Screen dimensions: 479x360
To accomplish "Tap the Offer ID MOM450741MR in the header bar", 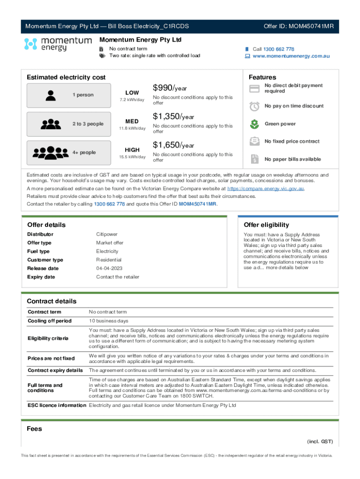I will pyautogui.click(x=298, y=26).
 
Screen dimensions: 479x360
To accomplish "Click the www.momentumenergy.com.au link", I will pyautogui.click(x=291, y=56).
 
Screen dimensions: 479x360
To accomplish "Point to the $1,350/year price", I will pyautogui.click(x=173, y=116).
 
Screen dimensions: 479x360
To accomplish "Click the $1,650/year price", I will pyautogui.click(x=173, y=145).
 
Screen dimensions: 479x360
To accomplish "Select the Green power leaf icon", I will pyautogui.click(x=254, y=124).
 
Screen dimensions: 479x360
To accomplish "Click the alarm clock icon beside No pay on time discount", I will pyautogui.click(x=254, y=106).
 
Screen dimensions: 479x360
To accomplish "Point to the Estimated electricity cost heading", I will pyautogui.click(x=66, y=77).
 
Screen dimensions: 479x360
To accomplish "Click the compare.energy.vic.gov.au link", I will pyautogui.click(x=266, y=189).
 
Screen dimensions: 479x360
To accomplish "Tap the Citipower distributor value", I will pyautogui.click(x=107, y=234).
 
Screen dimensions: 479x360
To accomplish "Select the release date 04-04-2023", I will pyautogui.click(x=110, y=269).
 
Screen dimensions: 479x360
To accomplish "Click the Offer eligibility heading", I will pyautogui.click(x=266, y=225).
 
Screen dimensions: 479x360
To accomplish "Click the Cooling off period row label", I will pyautogui.click(x=50, y=321).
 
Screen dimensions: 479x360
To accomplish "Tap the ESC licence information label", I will pyautogui.click(x=57, y=405).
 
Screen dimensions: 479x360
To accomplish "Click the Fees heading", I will pyautogui.click(x=35, y=428).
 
